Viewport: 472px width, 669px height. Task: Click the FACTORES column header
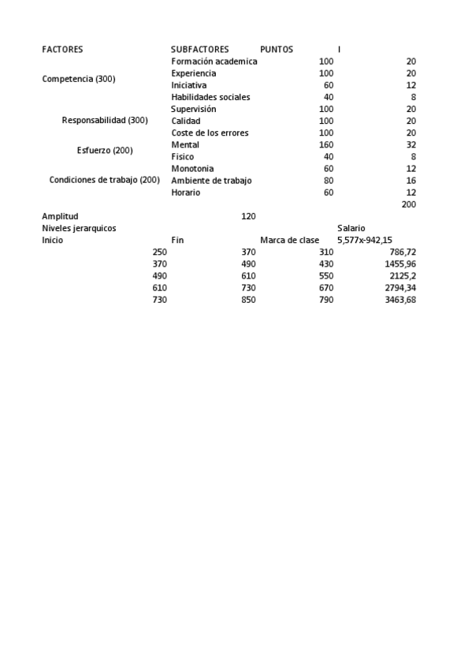pyautogui.click(x=62, y=50)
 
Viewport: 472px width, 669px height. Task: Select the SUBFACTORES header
pyautogui.click(x=200, y=50)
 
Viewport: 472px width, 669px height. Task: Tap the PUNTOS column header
pyautogui.click(x=277, y=50)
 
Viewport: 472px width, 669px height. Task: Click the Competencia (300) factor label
pyautogui.click(x=79, y=80)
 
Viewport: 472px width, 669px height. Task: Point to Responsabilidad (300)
pyautogui.click(x=105, y=121)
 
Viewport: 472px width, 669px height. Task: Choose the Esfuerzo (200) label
pyautogui.click(x=105, y=151)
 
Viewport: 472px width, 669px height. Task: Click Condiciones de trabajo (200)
pyautogui.click(x=105, y=180)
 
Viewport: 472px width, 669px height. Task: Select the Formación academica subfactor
pyautogui.click(x=214, y=62)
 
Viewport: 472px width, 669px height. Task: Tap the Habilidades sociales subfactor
pyautogui.click(x=210, y=97)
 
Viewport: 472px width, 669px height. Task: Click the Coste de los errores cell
pyautogui.click(x=210, y=133)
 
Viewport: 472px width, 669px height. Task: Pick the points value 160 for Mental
pyautogui.click(x=325, y=145)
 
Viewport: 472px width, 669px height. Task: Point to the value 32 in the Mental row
pyautogui.click(x=410, y=145)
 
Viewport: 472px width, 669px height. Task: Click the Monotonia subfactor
pyautogui.click(x=192, y=169)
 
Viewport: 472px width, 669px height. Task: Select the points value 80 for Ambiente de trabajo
pyautogui.click(x=328, y=181)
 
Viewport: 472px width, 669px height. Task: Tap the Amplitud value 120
pyautogui.click(x=248, y=216)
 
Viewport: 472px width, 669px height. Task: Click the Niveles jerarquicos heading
pyautogui.click(x=79, y=228)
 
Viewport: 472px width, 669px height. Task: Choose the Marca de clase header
pyautogui.click(x=289, y=241)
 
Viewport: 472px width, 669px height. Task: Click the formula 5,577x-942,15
pyautogui.click(x=365, y=241)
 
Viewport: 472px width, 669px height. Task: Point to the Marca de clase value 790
pyautogui.click(x=325, y=300)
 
